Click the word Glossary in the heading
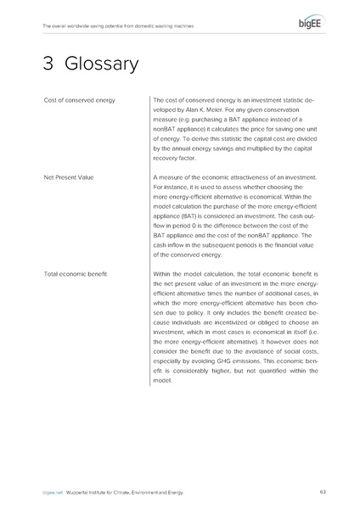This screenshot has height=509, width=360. (94, 64)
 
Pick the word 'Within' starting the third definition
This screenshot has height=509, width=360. (165, 274)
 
